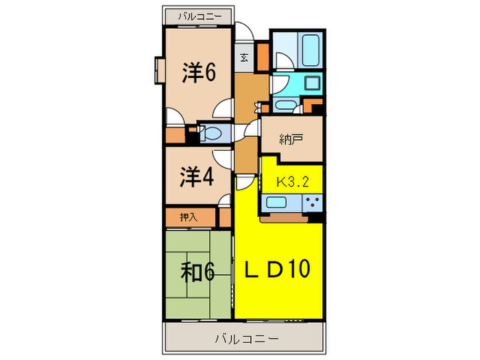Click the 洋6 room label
(199, 72)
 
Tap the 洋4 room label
(197, 178)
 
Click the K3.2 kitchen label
(291, 182)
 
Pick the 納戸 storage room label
(291, 139)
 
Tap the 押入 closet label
(189, 217)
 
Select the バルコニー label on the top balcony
(196, 14)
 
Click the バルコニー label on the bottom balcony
(245, 339)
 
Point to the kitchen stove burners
(313, 202)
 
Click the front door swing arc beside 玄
(243, 32)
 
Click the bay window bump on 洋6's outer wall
(159, 71)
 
